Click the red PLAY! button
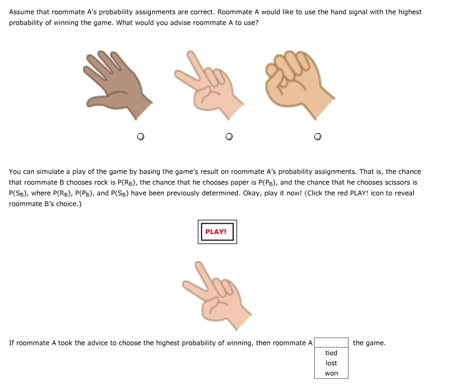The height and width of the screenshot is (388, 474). (217, 232)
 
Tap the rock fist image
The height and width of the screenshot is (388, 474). (298, 81)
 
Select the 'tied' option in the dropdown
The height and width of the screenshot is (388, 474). (332, 353)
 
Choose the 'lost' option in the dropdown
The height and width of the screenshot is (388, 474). (332, 363)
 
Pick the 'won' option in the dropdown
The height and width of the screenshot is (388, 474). (332, 373)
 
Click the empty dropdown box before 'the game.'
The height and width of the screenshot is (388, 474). (332, 343)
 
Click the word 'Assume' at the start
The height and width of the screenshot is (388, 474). (21, 12)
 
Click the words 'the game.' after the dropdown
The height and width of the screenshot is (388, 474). (369, 343)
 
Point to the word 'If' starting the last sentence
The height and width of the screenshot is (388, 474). (11, 343)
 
